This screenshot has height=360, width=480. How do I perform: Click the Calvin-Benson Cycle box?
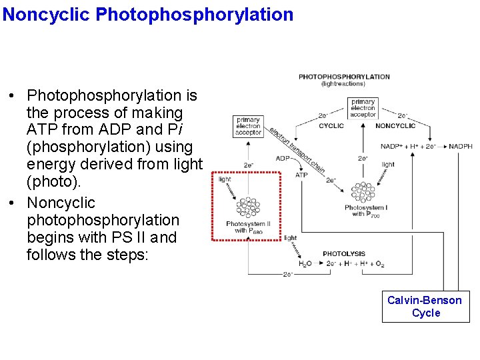click(x=425, y=307)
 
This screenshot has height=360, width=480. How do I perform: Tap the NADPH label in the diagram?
click(x=460, y=147)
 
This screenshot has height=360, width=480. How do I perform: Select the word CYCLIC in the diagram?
click(x=331, y=125)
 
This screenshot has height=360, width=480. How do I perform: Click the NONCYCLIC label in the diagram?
click(x=395, y=125)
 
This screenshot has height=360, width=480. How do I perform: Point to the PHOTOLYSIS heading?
click(x=343, y=254)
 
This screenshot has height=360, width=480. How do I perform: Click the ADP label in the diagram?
click(x=282, y=159)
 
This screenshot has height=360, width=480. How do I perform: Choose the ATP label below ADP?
click(x=301, y=175)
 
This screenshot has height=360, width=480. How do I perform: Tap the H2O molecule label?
click(x=303, y=265)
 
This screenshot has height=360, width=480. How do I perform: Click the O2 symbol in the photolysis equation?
click(x=379, y=265)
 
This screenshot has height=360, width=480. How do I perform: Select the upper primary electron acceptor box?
click(x=363, y=107)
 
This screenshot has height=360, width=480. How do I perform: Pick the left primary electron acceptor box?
click(x=248, y=127)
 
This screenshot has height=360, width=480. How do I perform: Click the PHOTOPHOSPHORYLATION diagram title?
click(x=344, y=77)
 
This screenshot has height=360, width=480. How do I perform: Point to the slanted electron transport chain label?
click(x=297, y=150)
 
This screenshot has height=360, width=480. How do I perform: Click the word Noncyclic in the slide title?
click(x=46, y=14)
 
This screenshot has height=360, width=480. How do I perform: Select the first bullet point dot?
click(x=13, y=97)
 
